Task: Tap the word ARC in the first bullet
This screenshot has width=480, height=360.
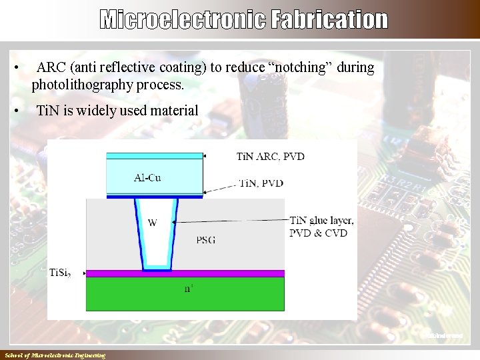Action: point(51,68)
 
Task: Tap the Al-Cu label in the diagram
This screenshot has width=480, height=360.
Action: point(147,178)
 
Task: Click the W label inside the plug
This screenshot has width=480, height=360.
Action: point(153,223)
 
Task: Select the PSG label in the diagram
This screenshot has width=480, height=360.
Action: point(207,239)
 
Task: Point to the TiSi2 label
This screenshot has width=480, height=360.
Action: point(69,273)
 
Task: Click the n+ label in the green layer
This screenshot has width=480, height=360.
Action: point(189,289)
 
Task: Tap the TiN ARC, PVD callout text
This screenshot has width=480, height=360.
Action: point(270,157)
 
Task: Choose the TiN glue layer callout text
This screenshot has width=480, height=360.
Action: point(321,221)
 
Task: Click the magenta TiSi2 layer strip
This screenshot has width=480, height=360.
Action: point(187,273)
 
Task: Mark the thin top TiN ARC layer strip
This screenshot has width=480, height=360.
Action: point(155,155)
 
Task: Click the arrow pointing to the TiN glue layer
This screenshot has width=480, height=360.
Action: point(233,220)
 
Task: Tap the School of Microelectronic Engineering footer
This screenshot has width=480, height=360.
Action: point(55,356)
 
